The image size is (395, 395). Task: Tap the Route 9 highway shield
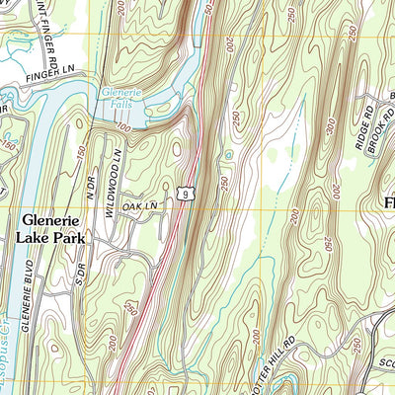click(x=185, y=196)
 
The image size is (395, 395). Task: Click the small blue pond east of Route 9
click(x=229, y=155)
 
